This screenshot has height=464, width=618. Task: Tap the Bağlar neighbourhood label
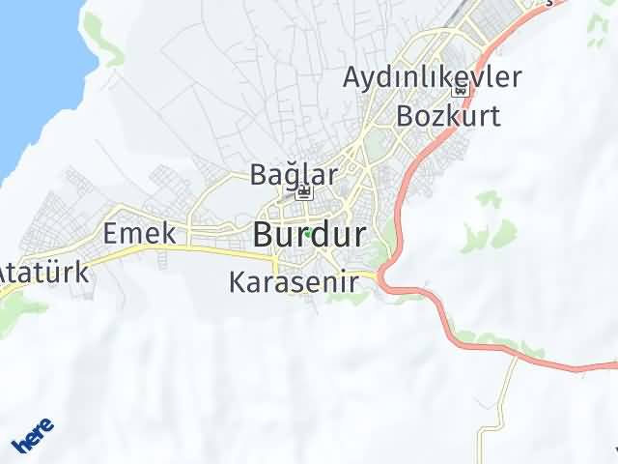294,175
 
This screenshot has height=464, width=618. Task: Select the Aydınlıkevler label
433,77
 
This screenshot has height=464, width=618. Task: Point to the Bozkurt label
449,116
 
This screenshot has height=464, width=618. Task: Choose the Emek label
139,233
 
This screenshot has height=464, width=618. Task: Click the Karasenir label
294,282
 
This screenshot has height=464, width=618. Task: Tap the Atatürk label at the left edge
43,272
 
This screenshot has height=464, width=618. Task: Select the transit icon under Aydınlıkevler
460,91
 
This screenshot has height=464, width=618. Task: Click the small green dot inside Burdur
306,233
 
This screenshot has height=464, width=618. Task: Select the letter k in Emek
168,233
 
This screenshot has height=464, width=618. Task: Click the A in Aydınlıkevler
354,77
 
